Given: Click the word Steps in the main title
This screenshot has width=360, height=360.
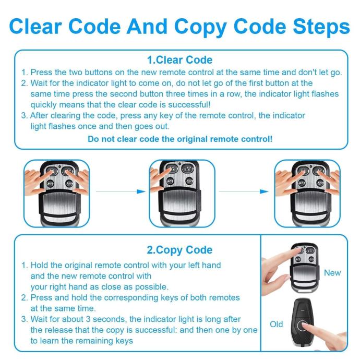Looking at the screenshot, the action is coord(321,27).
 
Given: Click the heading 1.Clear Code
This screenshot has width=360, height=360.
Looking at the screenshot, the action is coord(180,60).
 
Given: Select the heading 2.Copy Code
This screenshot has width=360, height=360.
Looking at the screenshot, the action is coord(180,250).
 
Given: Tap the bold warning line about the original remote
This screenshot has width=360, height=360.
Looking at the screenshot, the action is coord(180,139).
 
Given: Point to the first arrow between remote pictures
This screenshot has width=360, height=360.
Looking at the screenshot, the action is coord(121,191).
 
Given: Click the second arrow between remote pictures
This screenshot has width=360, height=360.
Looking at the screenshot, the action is coord(244,191).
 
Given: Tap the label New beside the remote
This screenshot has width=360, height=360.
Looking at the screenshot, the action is coord(332,273).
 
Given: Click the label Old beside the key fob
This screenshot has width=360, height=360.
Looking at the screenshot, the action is coord(276,325).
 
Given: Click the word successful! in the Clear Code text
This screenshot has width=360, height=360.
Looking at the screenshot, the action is coord(189,105).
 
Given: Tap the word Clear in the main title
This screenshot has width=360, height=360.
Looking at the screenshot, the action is coord(35,27).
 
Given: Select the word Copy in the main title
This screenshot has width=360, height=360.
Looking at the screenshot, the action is coord(200,28).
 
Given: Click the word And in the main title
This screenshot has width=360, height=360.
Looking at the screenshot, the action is coord(147,27).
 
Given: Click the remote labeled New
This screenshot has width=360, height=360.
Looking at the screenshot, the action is coord(305,268).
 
